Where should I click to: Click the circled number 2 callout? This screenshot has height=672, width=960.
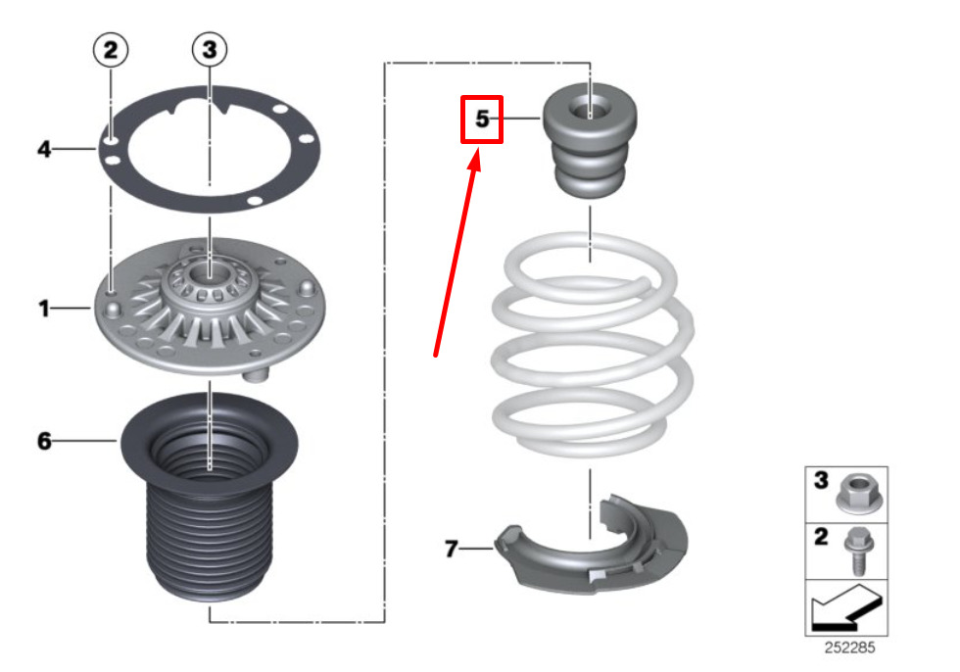110,50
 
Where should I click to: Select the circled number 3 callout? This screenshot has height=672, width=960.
210,50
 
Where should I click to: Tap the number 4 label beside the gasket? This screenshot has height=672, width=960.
44,149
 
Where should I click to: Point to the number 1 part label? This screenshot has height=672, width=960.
43,308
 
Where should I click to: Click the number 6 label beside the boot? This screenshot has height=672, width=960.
44,441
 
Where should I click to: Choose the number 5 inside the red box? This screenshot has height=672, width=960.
482,119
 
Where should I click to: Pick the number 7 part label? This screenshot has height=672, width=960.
452,549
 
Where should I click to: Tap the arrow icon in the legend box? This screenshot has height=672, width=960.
846,607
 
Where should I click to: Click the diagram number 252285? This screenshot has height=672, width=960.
849,648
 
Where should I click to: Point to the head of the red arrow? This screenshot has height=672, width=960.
475,158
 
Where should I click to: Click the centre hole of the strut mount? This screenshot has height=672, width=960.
210,272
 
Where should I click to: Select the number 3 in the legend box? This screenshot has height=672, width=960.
821,480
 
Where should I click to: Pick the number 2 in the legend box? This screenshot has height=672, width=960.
821,537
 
